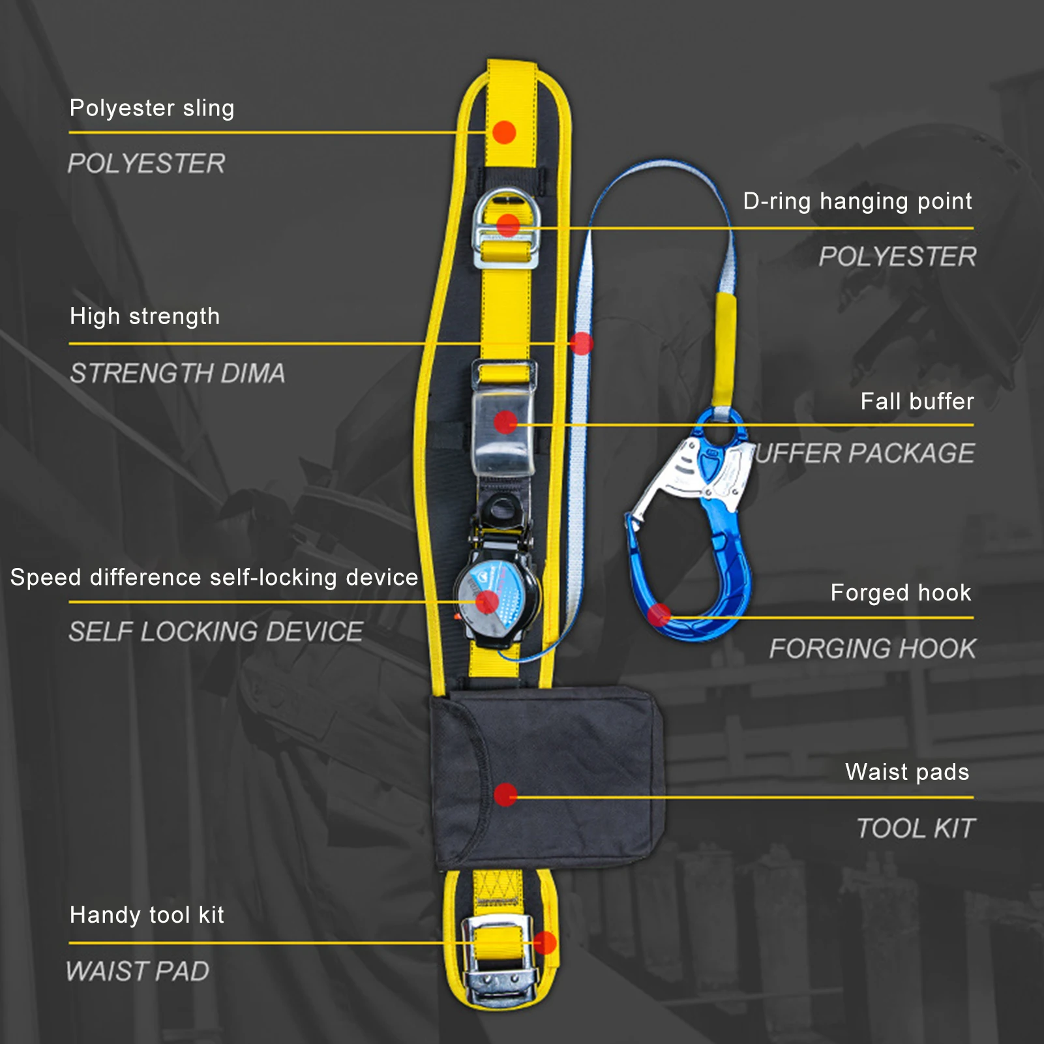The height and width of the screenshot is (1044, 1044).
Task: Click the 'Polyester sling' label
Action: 151,108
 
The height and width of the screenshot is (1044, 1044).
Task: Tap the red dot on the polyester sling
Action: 504,132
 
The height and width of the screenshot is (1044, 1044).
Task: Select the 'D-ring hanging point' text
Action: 857,201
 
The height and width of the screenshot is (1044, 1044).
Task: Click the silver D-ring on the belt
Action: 506,230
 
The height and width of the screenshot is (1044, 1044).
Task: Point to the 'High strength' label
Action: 145,317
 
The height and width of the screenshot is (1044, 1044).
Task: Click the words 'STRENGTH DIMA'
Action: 177,374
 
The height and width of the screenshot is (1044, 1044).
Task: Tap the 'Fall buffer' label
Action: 917,402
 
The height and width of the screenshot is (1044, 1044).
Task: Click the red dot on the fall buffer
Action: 505,422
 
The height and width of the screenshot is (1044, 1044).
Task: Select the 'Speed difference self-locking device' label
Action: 214,578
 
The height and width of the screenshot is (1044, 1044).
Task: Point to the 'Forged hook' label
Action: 901,593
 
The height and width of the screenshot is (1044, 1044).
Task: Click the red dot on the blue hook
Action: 659,614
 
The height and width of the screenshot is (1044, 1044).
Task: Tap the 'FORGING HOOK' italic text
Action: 872,649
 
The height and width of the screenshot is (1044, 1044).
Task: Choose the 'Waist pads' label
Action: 907,772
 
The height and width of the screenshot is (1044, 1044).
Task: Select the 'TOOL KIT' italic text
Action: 916,829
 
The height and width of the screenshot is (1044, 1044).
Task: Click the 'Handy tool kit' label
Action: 147,915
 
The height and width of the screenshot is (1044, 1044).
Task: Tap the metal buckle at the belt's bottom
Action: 499,959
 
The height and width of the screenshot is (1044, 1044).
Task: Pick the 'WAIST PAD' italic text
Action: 138,972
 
